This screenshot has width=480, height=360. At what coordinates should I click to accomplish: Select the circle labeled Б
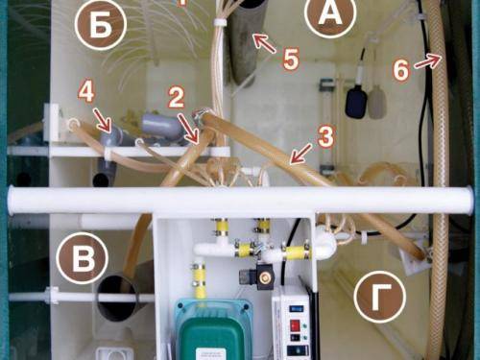pyautogui.click(x=101, y=25)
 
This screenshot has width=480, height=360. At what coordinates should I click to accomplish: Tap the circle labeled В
pyautogui.click(x=82, y=258)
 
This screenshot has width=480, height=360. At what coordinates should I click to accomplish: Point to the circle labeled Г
pyautogui.click(x=380, y=298)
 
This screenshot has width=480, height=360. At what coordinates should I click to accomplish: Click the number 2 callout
pyautogui.click(x=176, y=97)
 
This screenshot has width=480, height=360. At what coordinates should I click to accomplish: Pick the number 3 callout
pyautogui.click(x=325, y=136)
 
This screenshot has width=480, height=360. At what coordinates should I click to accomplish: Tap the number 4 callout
pyautogui.click(x=86, y=92)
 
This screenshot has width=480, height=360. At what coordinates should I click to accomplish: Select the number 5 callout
pyautogui.click(x=291, y=59)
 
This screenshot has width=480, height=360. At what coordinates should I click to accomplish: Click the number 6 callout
pyautogui.click(x=400, y=69)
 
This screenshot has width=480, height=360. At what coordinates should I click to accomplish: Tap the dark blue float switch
pyautogui.click(x=356, y=102)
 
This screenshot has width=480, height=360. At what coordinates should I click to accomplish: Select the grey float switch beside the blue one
pyautogui.click(x=377, y=103)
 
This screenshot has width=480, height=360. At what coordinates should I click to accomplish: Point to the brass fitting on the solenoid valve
pyautogui.click(x=264, y=277)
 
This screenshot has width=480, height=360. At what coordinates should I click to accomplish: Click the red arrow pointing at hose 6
pyautogui.click(x=427, y=60)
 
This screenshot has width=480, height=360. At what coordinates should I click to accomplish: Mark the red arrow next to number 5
pyautogui.click(x=264, y=43)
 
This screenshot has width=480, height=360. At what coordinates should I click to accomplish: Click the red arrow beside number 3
pyautogui.click(x=300, y=154)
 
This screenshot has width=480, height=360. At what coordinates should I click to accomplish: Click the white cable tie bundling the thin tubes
pyautogui.click(x=219, y=23)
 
